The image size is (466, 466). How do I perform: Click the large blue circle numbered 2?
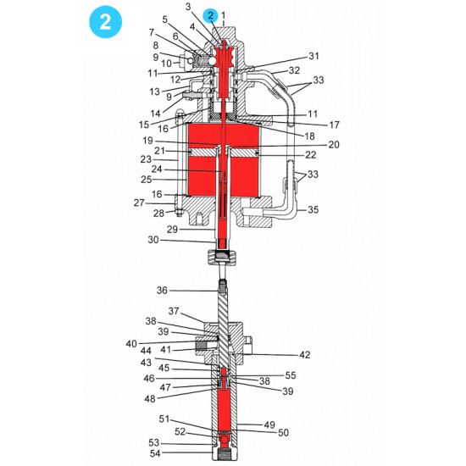click(x=106, y=23)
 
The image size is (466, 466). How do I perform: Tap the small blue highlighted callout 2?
click(x=210, y=14)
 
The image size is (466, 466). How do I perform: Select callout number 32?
click(x=293, y=70)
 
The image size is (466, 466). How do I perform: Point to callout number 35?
click(x=313, y=208)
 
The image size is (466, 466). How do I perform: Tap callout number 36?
click(x=162, y=291)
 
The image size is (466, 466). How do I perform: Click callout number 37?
click(x=173, y=311)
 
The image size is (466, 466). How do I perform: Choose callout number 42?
click(x=280, y=355)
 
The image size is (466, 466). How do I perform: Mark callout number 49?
click(x=270, y=424)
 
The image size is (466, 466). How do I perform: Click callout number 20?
click(x=333, y=145)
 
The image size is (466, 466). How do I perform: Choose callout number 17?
click(x=336, y=125)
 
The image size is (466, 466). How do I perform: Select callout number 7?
click(x=151, y=31)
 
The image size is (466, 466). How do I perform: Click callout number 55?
click(x=291, y=374)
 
